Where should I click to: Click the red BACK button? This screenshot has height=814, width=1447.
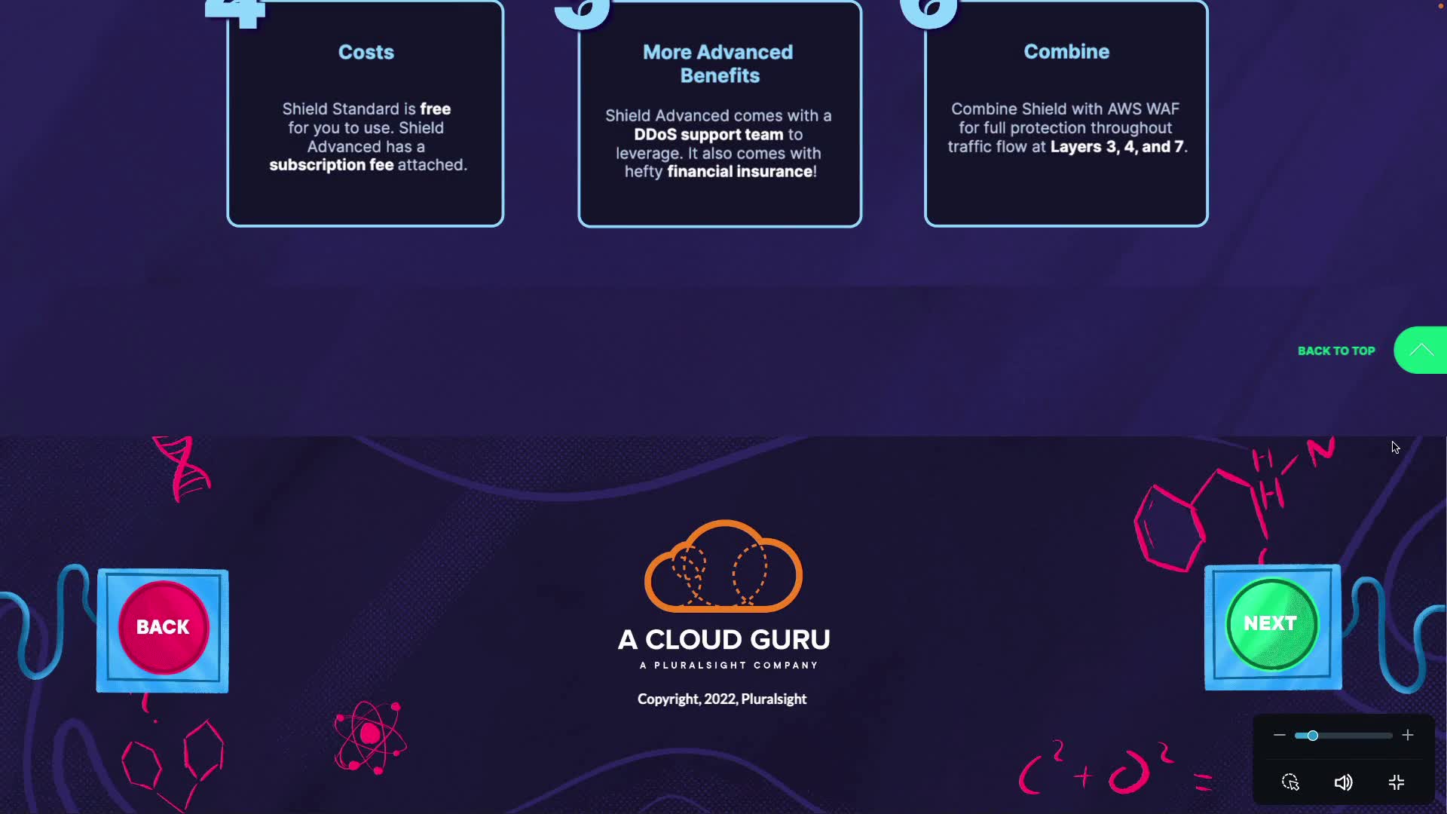click(163, 627)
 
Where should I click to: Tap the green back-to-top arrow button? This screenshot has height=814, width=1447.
click(1421, 350)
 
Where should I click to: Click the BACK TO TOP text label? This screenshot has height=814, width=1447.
click(1336, 351)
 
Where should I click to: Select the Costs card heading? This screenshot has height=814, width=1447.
click(366, 52)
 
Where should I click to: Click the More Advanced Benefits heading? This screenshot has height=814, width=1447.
click(719, 63)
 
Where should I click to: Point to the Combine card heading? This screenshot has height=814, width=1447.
click(1066, 51)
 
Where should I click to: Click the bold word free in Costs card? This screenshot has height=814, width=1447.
click(436, 109)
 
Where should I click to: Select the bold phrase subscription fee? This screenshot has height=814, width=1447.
click(332, 165)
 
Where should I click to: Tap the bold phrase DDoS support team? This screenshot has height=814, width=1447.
click(708, 135)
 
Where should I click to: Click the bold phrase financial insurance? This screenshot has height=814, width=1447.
click(740, 172)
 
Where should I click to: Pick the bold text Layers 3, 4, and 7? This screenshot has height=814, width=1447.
click(1117, 147)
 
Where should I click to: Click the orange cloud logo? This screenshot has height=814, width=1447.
click(723, 567)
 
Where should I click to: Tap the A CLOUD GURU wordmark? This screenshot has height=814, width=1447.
click(723, 640)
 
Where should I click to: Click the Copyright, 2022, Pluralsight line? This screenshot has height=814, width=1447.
click(722, 699)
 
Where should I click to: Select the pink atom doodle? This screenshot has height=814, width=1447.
click(370, 736)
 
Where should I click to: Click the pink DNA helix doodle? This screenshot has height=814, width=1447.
click(182, 468)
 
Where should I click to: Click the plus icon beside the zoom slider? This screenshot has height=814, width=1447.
click(1408, 736)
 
